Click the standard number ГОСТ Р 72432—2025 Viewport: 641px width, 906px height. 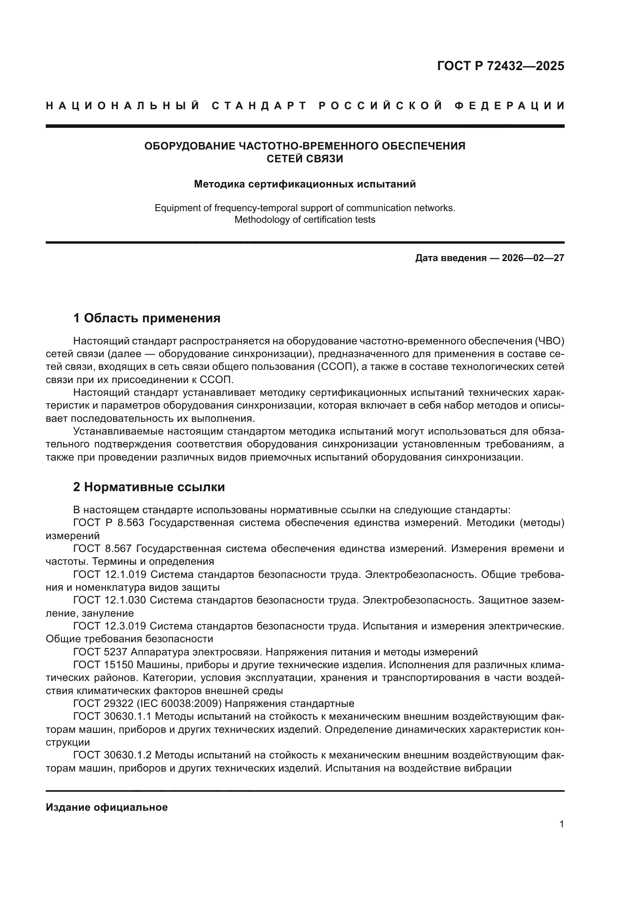500,66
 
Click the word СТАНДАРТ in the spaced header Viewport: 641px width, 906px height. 259,106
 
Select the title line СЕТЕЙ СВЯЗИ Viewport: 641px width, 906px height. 305,159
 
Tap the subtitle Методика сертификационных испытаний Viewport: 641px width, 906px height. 305,184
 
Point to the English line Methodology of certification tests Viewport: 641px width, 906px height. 305,220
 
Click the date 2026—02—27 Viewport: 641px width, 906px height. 533,258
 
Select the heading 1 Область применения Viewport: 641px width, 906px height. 147,318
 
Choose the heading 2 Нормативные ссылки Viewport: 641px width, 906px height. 149,487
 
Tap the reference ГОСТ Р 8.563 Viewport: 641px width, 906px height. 109,523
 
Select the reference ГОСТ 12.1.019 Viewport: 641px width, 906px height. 109,574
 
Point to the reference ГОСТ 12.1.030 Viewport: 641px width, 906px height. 109,600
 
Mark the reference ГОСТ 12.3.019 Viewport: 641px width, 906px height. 109,626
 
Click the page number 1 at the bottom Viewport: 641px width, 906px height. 561,824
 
